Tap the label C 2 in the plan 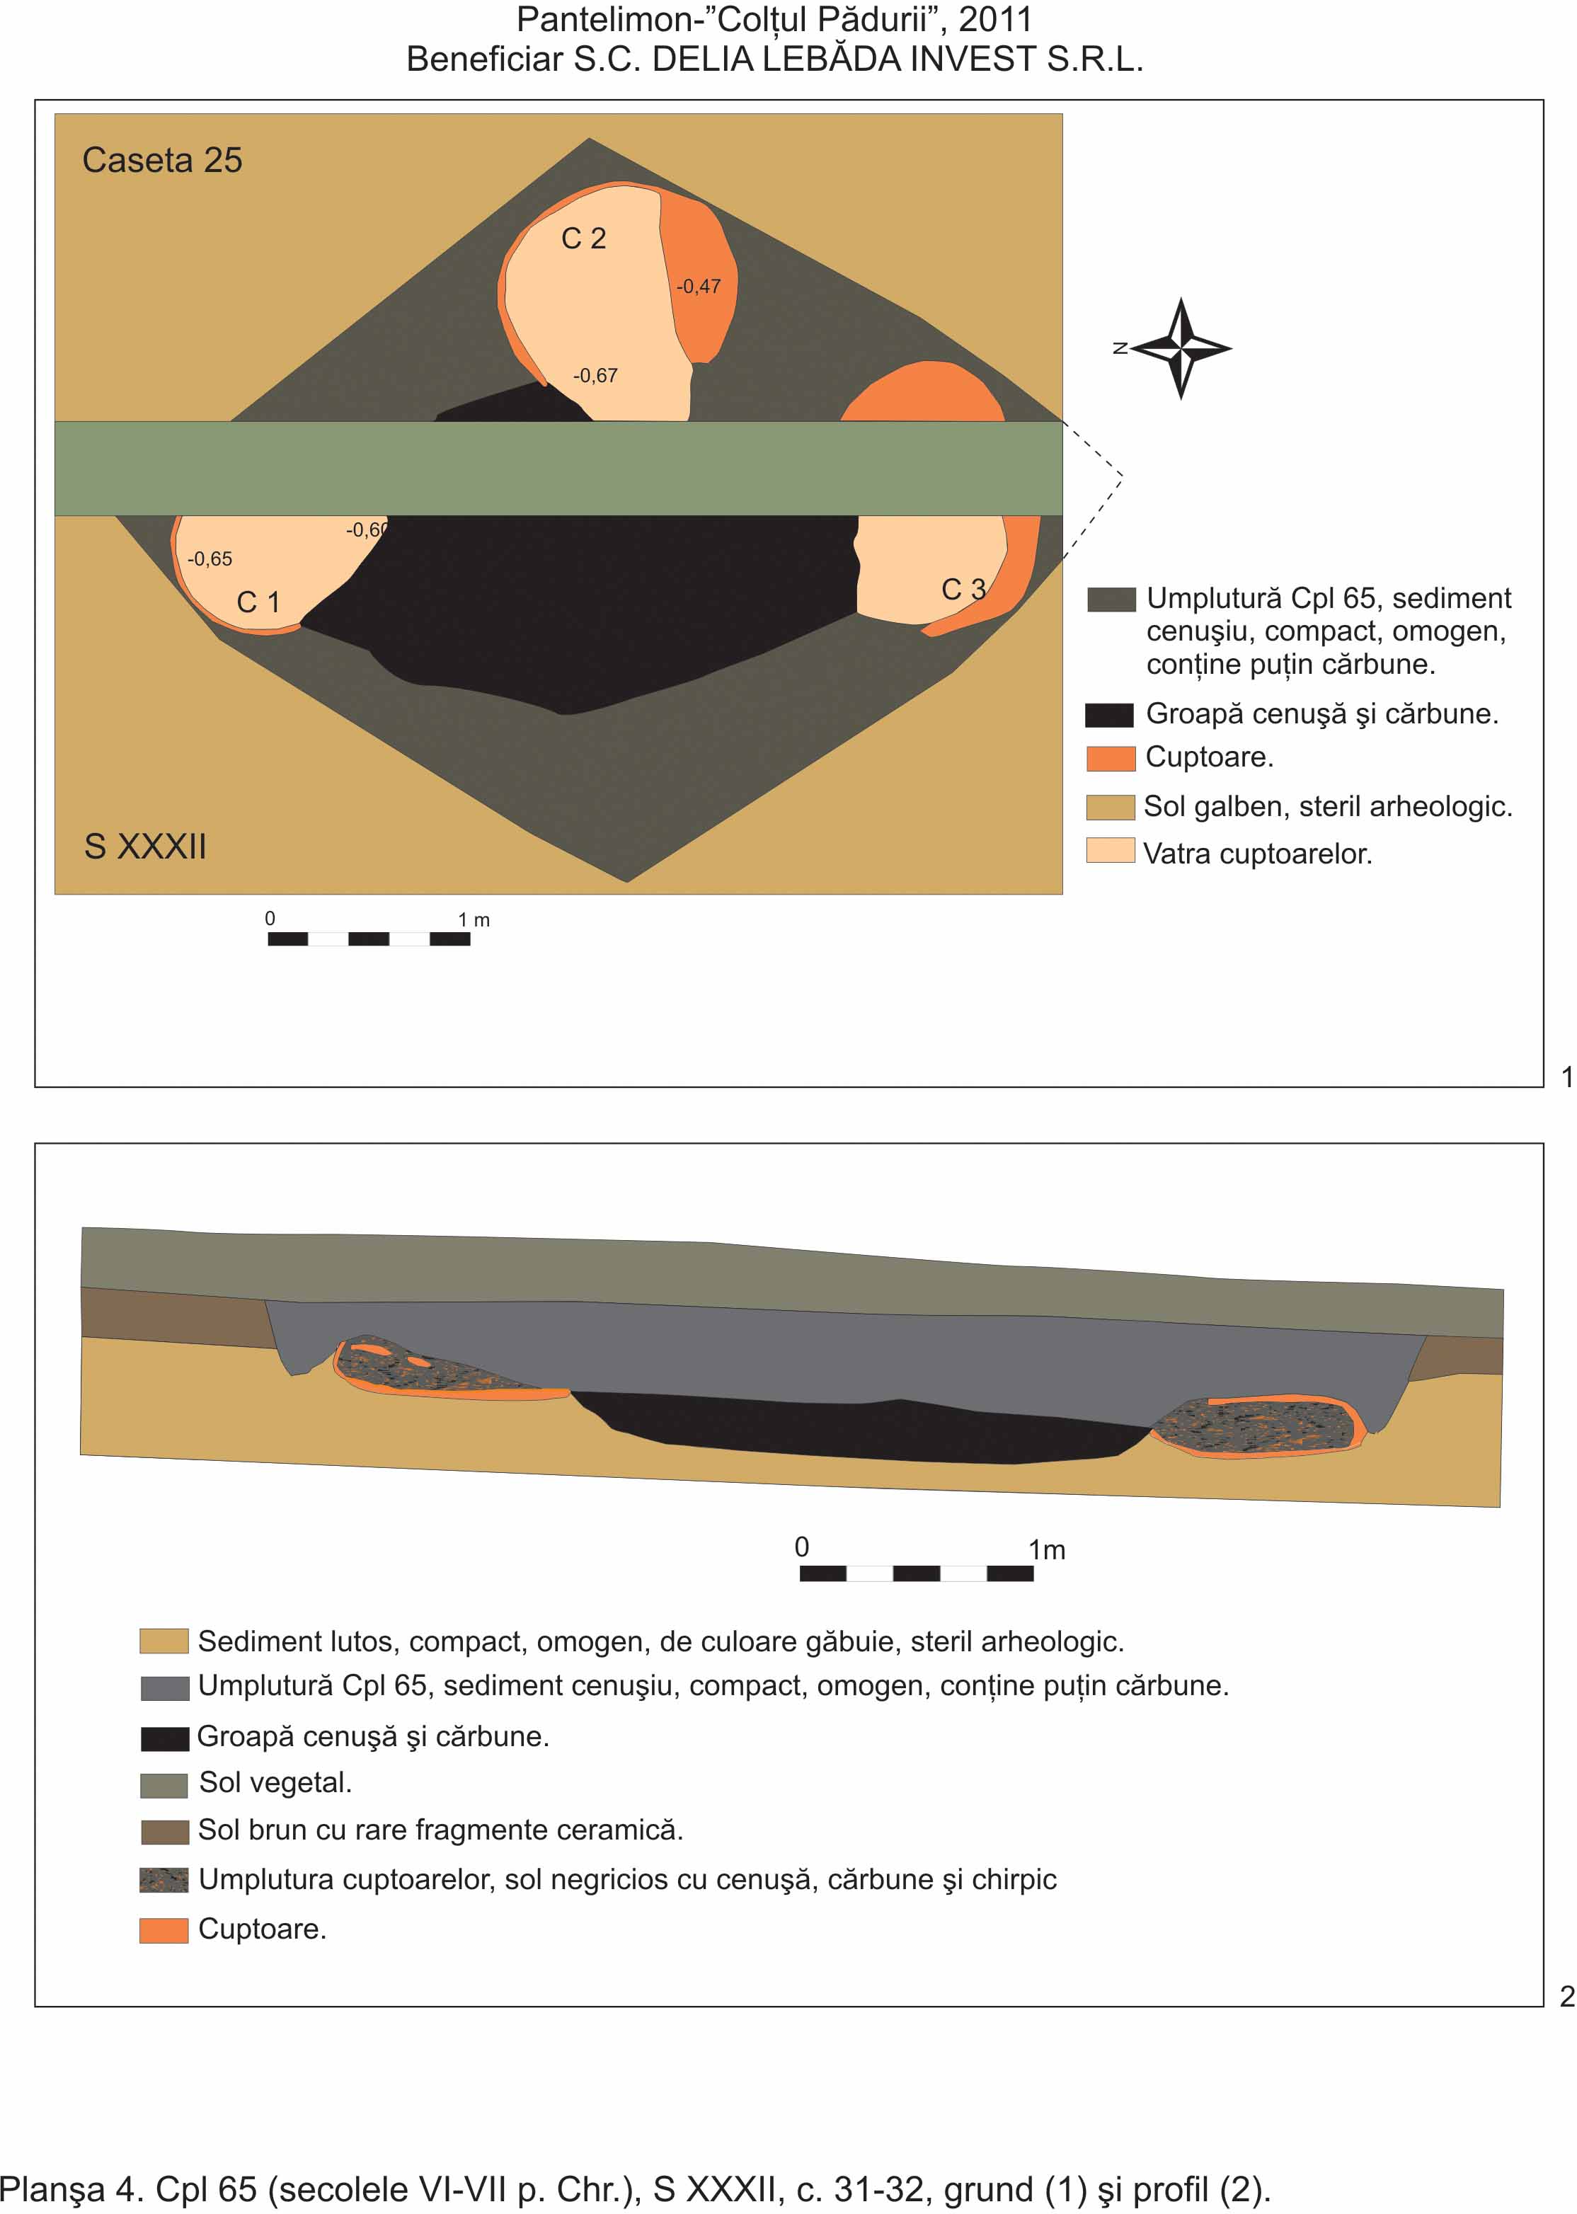[x=584, y=239]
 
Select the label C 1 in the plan [x=258, y=602]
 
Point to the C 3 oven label [x=963, y=590]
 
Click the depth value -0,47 [x=698, y=287]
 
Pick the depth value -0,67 [x=595, y=376]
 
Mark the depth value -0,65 [x=210, y=559]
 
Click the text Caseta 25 [x=162, y=160]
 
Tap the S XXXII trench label [x=146, y=847]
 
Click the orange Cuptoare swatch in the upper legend [x=1111, y=758]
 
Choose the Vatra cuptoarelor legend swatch [x=1111, y=851]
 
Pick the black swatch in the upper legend [x=1110, y=716]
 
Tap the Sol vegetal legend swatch [x=164, y=1786]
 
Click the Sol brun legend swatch [x=164, y=1832]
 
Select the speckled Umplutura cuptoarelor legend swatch [x=164, y=1880]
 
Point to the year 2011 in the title [x=995, y=19]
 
